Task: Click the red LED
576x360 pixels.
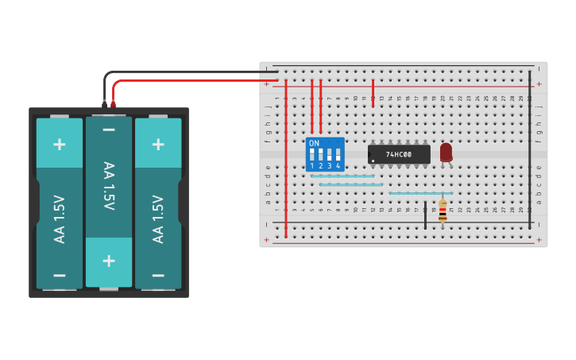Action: coord(446,151)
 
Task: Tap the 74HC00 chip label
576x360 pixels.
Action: coord(399,154)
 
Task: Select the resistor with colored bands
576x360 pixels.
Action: coord(443,211)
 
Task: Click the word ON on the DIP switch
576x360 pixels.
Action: coord(314,143)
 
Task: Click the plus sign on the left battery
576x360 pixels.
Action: coord(60,144)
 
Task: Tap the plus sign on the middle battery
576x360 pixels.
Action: coord(109,261)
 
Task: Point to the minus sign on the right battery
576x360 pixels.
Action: coord(158,275)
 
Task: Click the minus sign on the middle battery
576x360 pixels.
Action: coord(109,130)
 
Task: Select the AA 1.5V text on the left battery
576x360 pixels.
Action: coord(60,219)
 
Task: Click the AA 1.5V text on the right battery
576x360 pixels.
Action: coord(158,219)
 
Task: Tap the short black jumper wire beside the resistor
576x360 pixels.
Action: coord(425,215)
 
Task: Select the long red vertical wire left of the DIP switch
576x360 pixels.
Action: coord(286,159)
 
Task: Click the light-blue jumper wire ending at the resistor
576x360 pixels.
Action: coord(420,193)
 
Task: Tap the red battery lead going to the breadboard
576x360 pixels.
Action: coord(191,81)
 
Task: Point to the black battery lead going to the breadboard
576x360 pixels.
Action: coord(191,72)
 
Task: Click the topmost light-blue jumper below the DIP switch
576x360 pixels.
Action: coord(342,176)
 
